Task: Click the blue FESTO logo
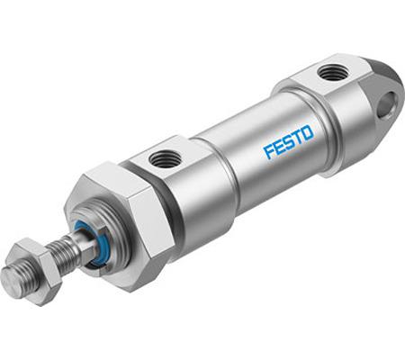pos(289,141)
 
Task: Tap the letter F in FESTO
pos(269,151)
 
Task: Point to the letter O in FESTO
pos(308,132)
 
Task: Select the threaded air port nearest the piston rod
pos(166,157)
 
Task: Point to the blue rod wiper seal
pos(90,245)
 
